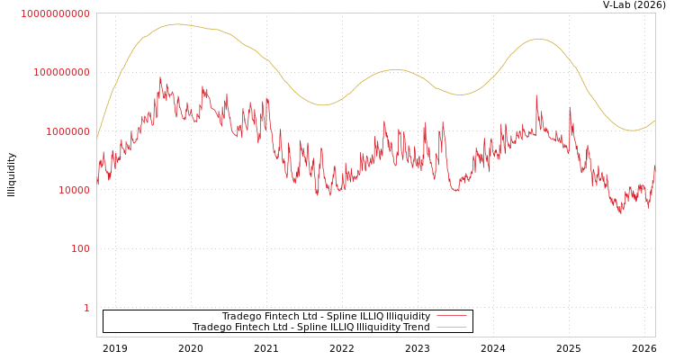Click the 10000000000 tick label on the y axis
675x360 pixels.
coord(56,13)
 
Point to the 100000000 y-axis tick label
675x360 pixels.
coord(61,72)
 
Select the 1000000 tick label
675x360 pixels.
coord(67,131)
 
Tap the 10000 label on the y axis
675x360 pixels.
coord(72,190)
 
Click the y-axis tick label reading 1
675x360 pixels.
coord(86,308)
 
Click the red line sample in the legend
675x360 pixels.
coord(452,316)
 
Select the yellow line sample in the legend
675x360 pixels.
coord(452,327)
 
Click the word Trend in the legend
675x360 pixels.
coord(416,327)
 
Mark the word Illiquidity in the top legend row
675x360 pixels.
coord(409,316)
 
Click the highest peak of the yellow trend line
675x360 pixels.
coord(176,24)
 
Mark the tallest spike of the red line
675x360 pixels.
coord(160,77)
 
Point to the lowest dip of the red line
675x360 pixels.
coord(620,213)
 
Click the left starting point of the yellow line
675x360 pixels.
coord(97,139)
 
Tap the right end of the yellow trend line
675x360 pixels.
coord(655,120)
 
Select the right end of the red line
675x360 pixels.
coord(655,166)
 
